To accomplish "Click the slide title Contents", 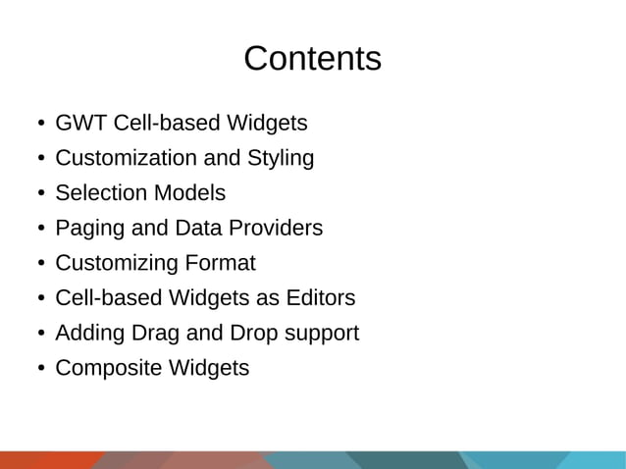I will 312,59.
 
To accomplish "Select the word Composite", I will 103,369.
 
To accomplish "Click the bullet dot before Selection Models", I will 40,194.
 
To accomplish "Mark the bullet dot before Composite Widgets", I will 40,370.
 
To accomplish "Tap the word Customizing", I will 116,264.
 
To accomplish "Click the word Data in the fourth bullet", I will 197,229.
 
